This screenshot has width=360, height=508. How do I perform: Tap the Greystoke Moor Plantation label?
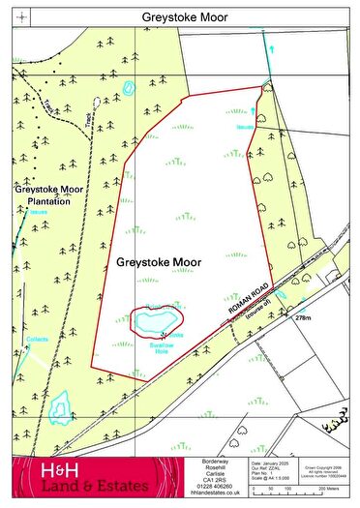pos(50,194)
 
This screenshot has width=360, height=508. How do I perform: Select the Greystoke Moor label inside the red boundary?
pos(158,262)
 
